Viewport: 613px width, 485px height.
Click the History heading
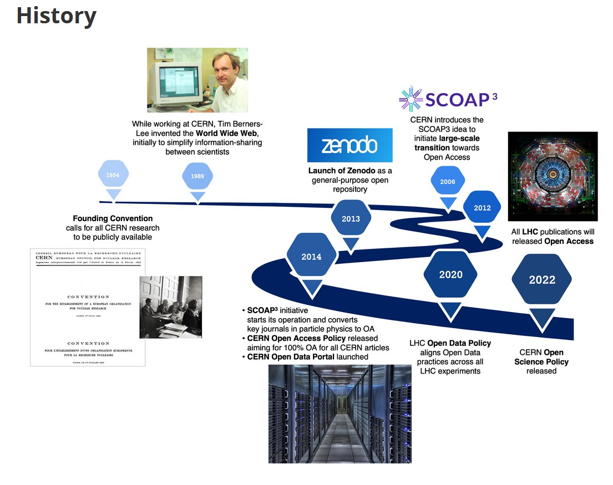point(56,16)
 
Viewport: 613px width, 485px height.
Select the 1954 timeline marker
point(113,175)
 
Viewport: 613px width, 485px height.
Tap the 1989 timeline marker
point(197,176)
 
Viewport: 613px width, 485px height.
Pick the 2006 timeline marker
point(447,181)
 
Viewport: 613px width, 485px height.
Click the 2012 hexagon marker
point(482,208)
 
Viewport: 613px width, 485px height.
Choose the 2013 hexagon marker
point(351,218)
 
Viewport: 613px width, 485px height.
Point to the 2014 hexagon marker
point(311,257)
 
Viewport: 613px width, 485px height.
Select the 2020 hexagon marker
point(450,274)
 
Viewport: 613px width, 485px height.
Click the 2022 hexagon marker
point(541,279)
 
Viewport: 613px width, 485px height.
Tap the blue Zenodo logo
point(349,145)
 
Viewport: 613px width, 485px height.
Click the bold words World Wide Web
point(227,134)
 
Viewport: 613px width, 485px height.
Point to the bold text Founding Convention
point(113,218)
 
